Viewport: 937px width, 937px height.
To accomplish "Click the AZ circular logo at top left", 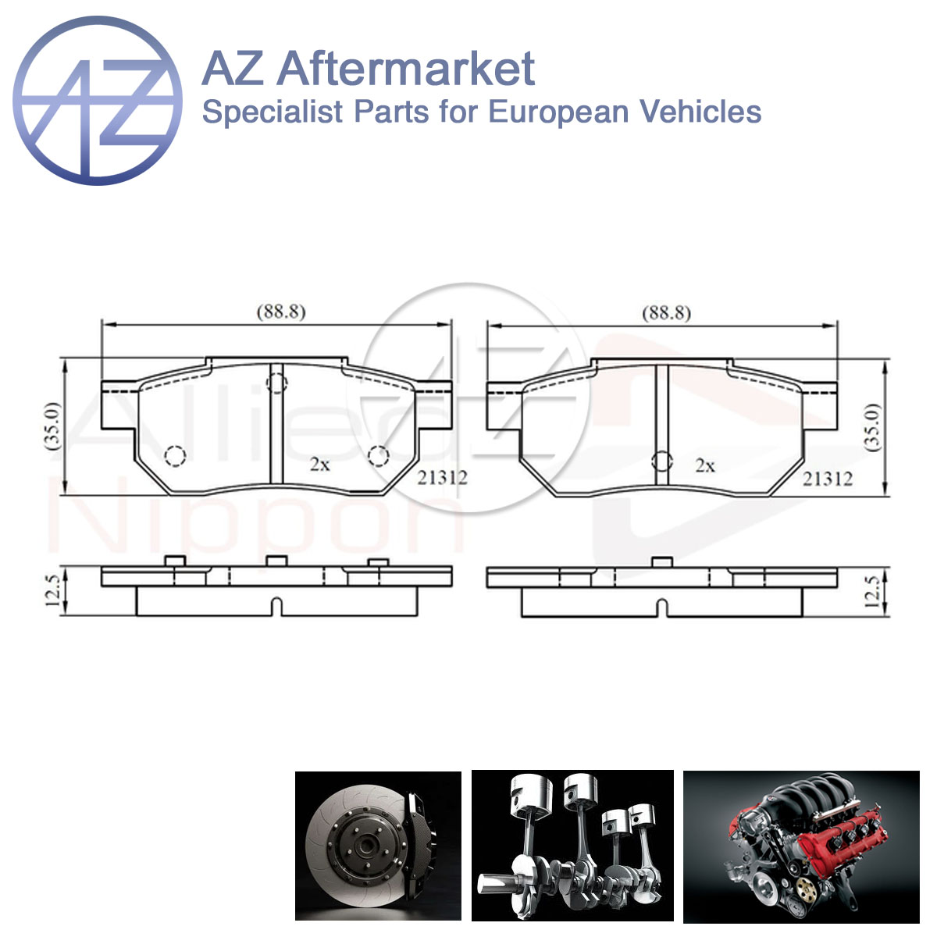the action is click(x=98, y=101).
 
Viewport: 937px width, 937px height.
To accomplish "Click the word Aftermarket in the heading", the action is click(x=406, y=69).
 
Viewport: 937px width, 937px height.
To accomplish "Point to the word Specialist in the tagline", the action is click(x=273, y=112).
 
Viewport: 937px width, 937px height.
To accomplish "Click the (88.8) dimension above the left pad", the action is click(x=281, y=312).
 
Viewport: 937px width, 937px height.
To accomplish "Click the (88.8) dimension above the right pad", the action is click(x=666, y=312).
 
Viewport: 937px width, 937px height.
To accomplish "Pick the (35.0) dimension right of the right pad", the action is click(x=875, y=427).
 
